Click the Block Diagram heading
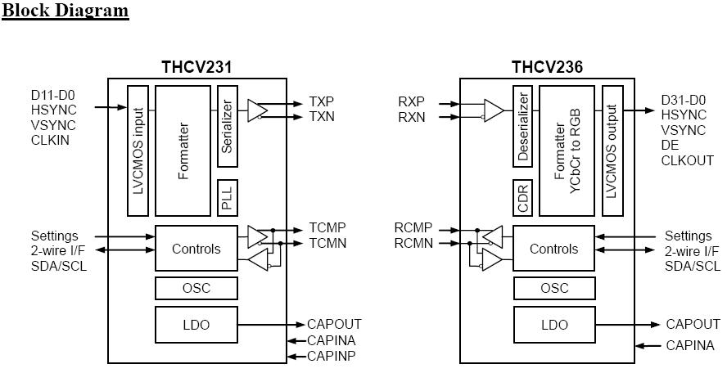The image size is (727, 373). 65,10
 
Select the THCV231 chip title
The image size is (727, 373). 196,67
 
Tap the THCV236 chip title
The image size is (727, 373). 547,67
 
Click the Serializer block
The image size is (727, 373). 228,126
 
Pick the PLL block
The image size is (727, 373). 228,198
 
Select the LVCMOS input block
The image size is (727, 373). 138,151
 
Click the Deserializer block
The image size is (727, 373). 522,126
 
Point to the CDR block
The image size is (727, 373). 522,198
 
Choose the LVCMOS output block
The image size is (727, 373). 612,151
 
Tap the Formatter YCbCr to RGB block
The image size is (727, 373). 567,151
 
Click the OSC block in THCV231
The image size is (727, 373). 196,288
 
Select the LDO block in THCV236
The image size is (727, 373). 554,325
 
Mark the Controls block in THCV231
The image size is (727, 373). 196,249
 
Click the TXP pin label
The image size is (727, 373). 321,101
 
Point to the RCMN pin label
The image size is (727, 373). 413,243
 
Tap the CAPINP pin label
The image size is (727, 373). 332,356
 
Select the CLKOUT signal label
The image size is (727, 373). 688,161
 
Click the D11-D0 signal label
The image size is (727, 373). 53,95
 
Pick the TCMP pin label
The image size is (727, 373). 327,228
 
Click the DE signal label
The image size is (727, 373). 670,146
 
